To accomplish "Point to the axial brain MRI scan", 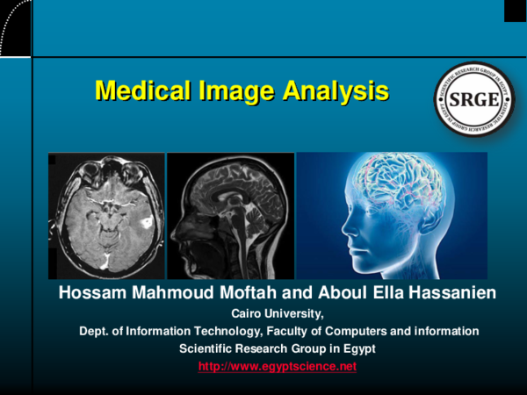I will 106,215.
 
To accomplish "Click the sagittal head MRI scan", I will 230,215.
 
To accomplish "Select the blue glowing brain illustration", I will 392,215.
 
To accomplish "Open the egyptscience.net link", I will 277,366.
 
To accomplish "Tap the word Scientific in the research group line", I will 208,348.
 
